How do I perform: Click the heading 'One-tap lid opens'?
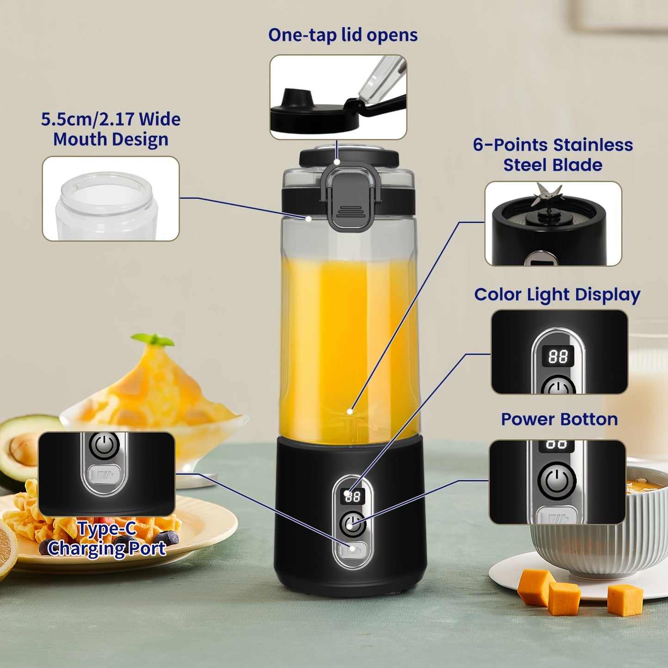point(343,35)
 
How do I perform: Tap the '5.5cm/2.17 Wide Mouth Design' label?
point(110,129)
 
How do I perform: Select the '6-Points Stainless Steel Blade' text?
point(553,155)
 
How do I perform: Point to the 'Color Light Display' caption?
point(557,294)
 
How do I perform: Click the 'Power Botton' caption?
point(559,419)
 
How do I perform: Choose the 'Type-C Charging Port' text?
point(107,539)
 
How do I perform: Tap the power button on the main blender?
point(352,524)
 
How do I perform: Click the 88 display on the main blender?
point(353,496)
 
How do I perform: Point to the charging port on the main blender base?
point(352,550)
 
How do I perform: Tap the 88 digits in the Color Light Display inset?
point(558,356)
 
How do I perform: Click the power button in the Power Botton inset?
point(557,481)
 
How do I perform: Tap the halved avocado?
point(23,448)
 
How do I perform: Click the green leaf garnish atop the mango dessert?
point(153,340)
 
